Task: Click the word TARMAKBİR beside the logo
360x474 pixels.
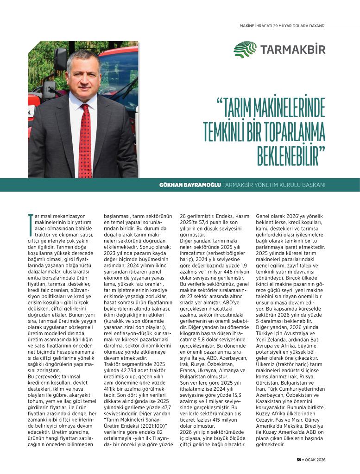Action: (x=293, y=50)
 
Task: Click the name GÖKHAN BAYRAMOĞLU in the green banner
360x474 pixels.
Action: (x=189, y=185)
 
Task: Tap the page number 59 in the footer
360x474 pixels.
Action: (x=299, y=460)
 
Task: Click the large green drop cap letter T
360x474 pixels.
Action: (x=31, y=221)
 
